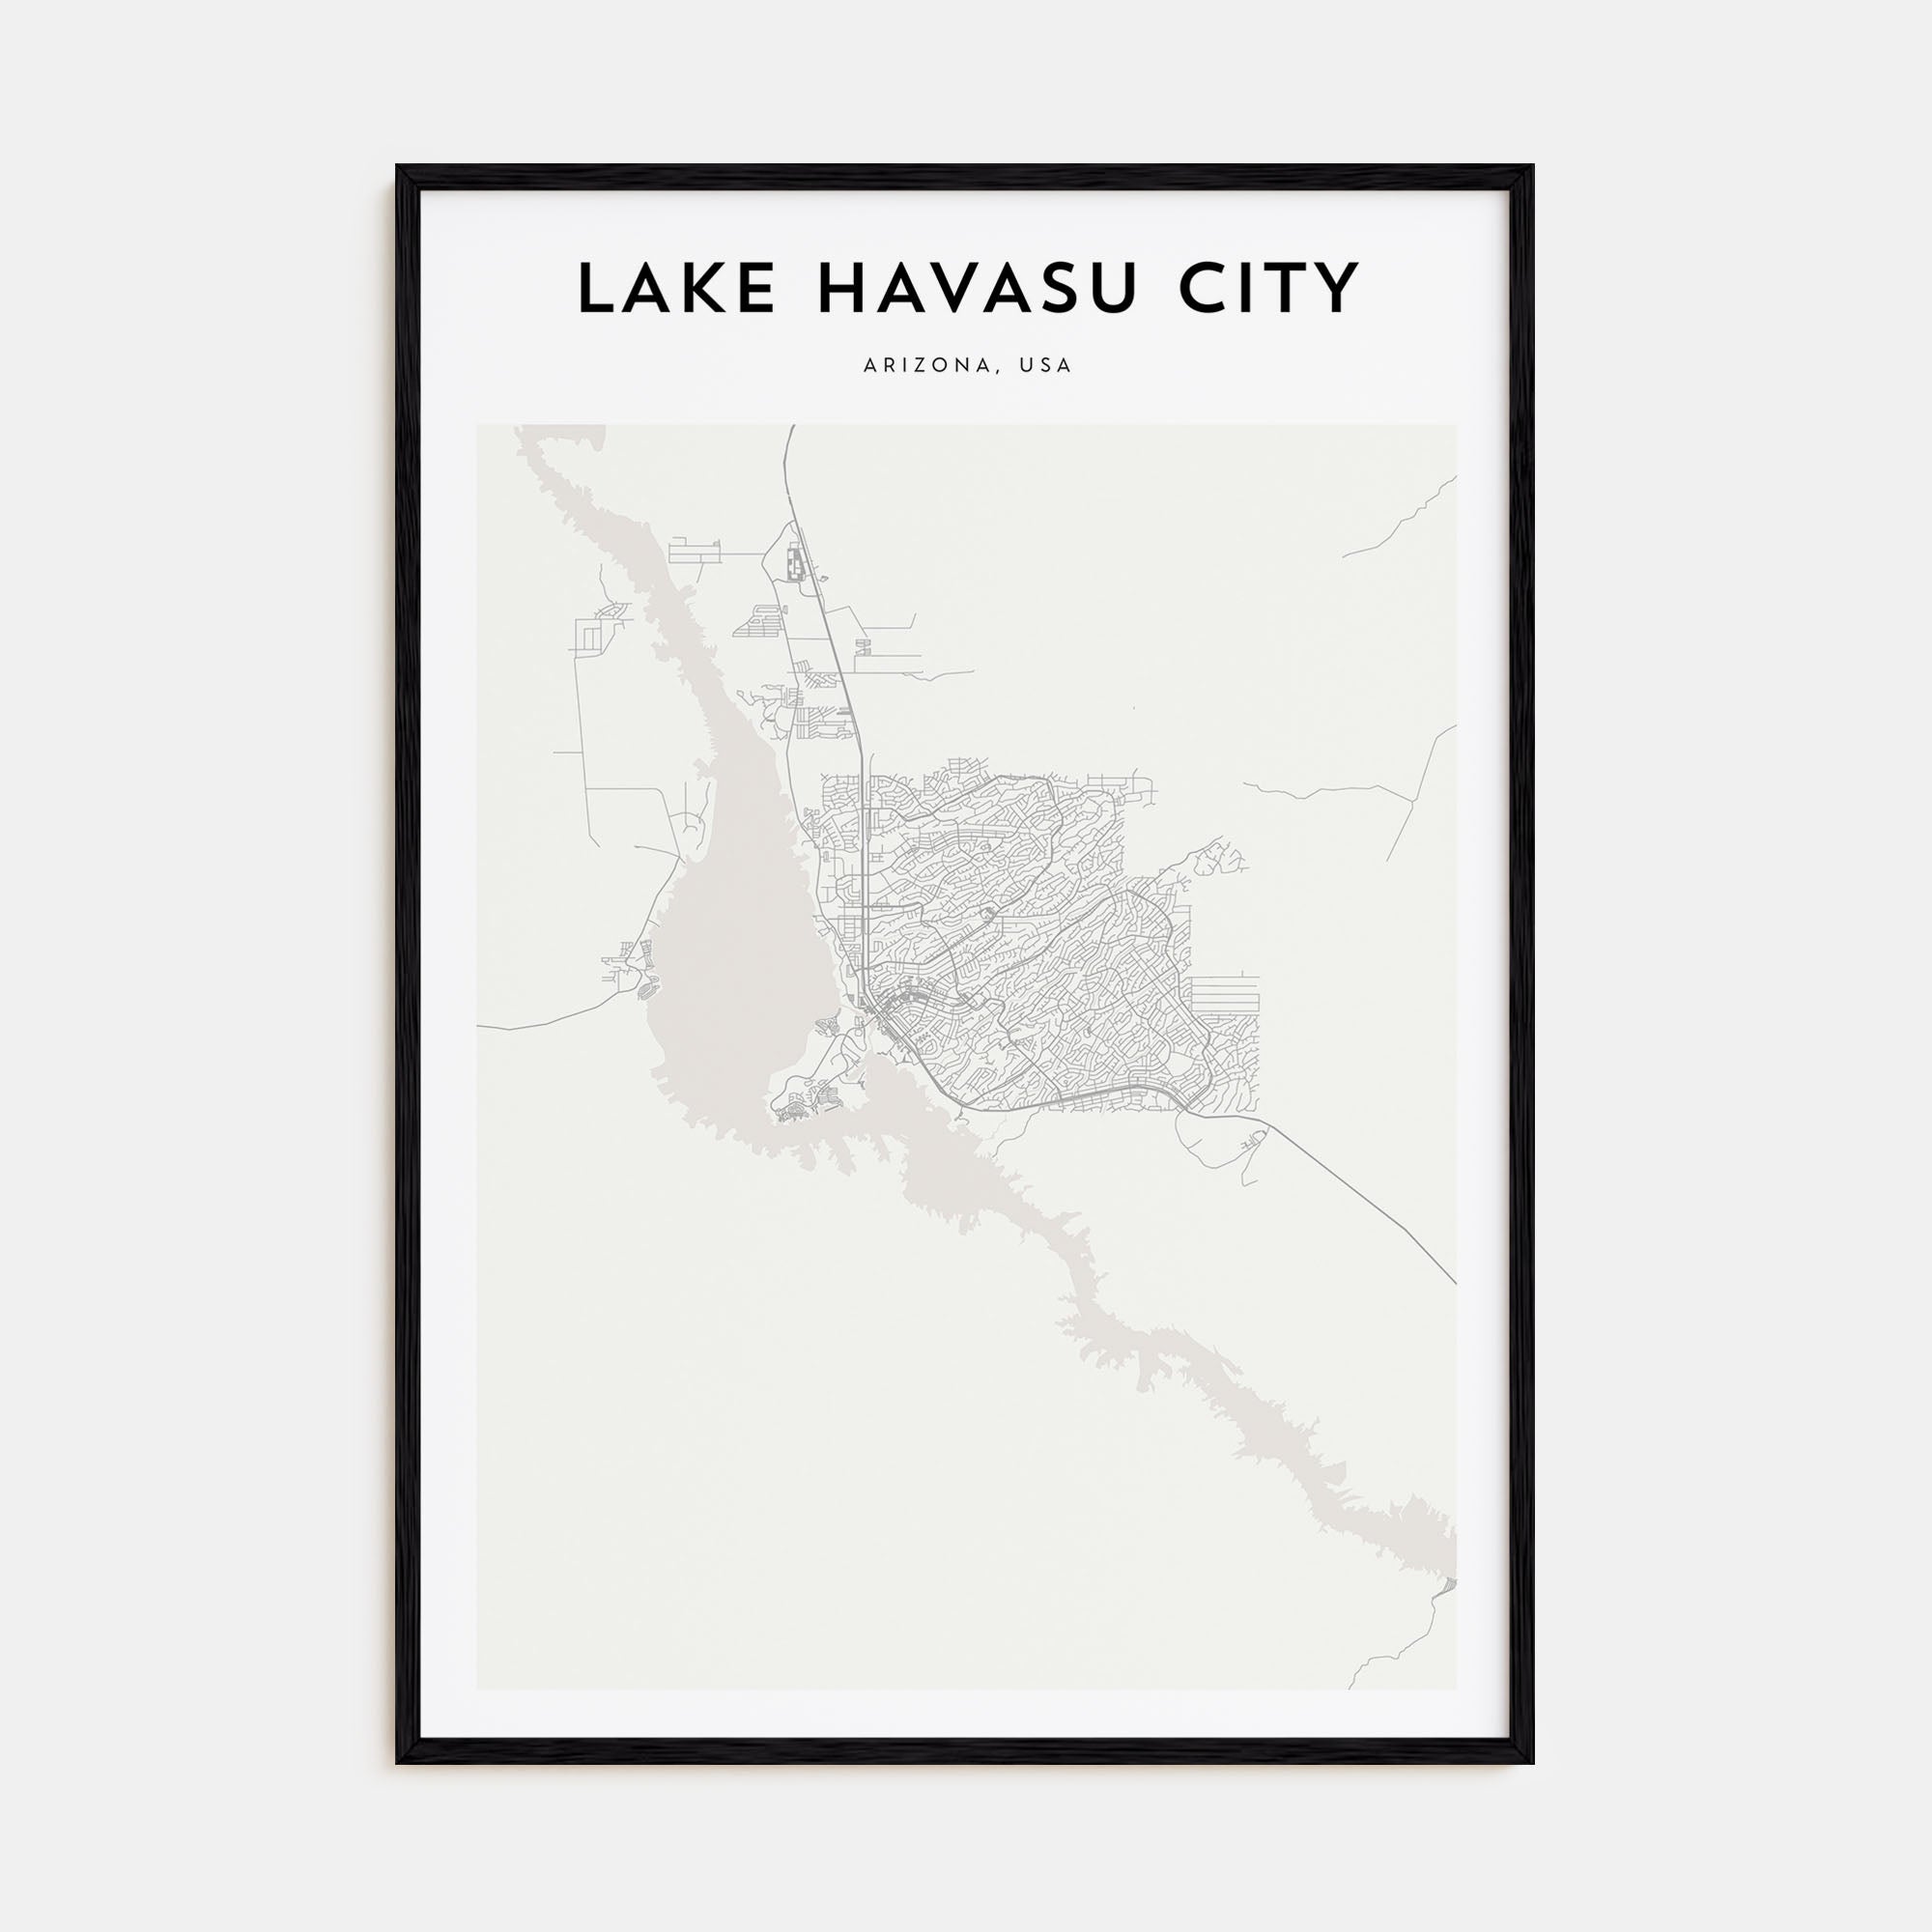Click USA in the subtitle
[1045, 366]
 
